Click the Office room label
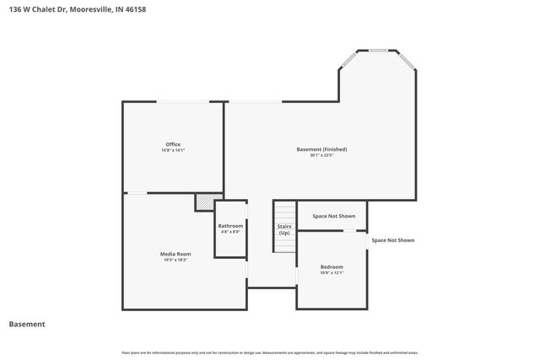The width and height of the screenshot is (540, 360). (172, 144)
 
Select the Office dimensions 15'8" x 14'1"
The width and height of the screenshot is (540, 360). (172, 150)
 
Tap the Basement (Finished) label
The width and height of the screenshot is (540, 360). (321, 149)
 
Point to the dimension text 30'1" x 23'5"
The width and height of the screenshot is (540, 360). (321, 155)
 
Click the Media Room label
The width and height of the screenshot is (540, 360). (175, 254)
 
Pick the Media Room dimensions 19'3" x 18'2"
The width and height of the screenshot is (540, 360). (175, 260)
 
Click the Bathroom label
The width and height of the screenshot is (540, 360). (230, 226)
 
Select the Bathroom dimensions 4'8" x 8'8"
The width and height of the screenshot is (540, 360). (230, 232)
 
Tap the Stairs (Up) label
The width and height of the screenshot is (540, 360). (284, 229)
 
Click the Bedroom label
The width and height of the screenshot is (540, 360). (332, 266)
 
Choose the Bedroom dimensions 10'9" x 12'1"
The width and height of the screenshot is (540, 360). (332, 272)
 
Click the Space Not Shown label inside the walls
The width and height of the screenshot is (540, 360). (332, 215)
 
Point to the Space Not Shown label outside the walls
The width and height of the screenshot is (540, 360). (393, 240)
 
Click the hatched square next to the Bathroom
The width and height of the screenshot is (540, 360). (204, 202)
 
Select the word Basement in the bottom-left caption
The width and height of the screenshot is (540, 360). (27, 324)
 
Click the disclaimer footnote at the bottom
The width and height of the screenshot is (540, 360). (270, 352)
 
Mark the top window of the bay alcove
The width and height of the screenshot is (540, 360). (377, 51)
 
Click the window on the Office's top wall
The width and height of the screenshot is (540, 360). (186, 102)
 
